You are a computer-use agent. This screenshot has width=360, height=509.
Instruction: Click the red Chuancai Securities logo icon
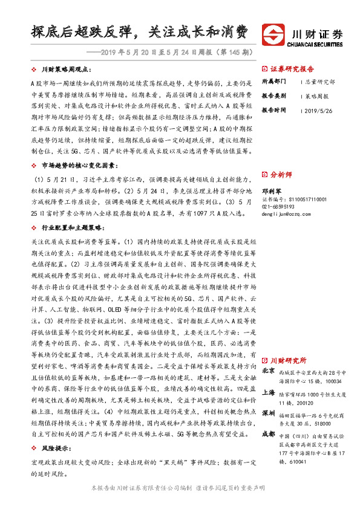(x=272, y=34)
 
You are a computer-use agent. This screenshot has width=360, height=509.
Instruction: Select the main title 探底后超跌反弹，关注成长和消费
(x=140, y=32)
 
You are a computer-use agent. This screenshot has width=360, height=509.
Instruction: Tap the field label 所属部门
(x=275, y=81)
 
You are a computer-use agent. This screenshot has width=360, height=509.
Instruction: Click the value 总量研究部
(x=321, y=81)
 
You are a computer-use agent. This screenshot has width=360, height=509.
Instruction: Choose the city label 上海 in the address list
(x=269, y=392)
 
